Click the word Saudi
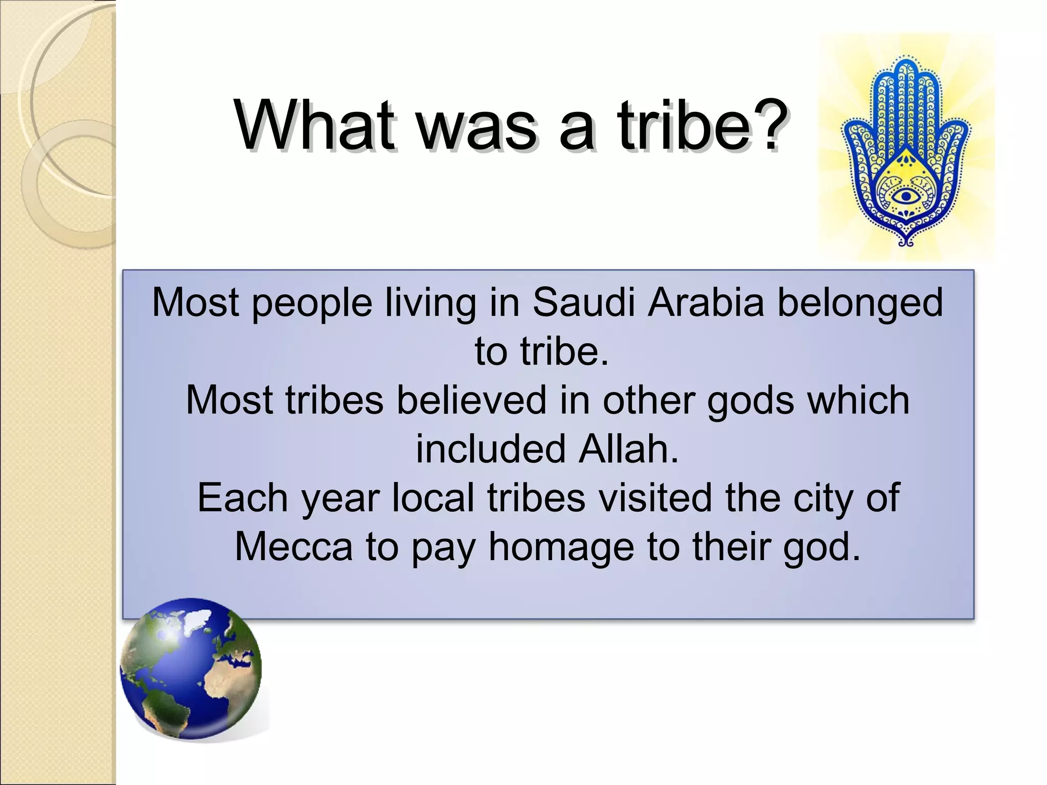pyautogui.click(x=583, y=303)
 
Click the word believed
pyautogui.click(x=471, y=400)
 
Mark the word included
pyautogui.click(x=491, y=449)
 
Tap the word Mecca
pyautogui.click(x=293, y=546)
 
